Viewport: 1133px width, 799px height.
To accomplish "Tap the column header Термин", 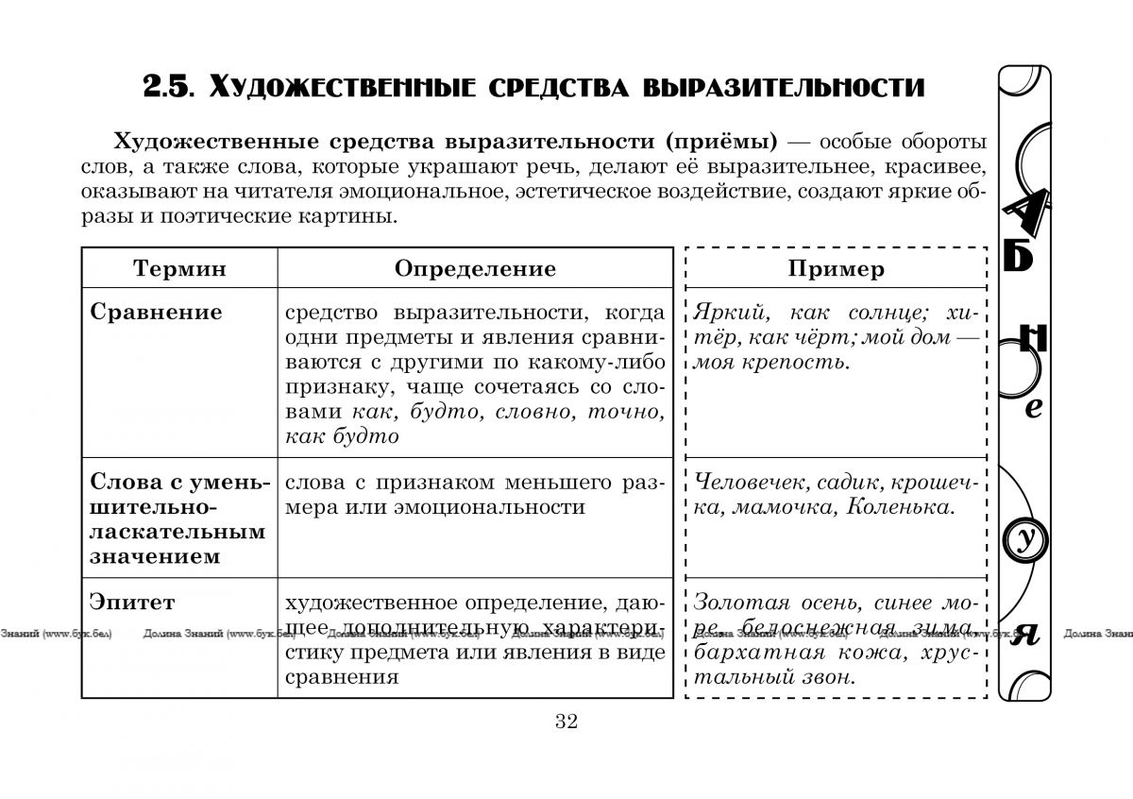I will click(179, 268).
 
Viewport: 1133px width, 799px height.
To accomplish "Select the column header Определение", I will click(475, 268).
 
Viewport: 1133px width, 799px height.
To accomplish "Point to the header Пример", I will click(837, 268).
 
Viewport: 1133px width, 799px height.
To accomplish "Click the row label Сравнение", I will click(156, 313).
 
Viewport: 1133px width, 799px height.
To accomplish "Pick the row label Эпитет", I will click(132, 602).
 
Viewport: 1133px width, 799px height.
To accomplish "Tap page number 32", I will click(566, 722).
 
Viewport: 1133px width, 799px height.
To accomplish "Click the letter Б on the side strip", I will click(1020, 255).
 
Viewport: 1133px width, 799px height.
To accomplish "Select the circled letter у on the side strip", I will click(1026, 540).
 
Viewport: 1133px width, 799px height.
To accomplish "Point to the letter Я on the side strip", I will click(1025, 634).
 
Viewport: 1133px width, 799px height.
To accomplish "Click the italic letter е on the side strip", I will click(1033, 408).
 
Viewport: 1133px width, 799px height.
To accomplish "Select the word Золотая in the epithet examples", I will click(734, 603).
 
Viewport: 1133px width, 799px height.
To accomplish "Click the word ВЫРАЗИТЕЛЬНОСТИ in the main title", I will click(784, 88).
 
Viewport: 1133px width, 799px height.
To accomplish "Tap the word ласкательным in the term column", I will click(178, 532).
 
